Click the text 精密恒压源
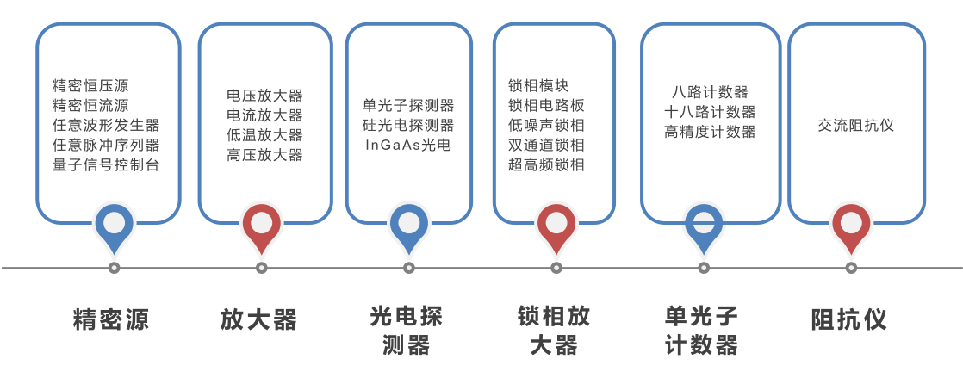pyautogui.click(x=90, y=86)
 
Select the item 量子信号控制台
pyautogui.click(x=106, y=164)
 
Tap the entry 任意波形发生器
pyautogui.click(x=106, y=126)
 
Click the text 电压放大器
pyautogui.click(x=264, y=96)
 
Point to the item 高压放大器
pyautogui.click(x=264, y=155)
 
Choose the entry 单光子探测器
pyautogui.click(x=408, y=106)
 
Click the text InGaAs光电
pyautogui.click(x=408, y=146)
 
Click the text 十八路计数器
pyautogui.click(x=710, y=112)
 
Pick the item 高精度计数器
pyautogui.click(x=710, y=132)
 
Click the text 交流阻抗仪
pyautogui.click(x=856, y=126)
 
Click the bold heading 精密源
pyautogui.click(x=111, y=320)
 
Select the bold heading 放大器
pyautogui.click(x=258, y=320)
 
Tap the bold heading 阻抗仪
pyautogui.click(x=849, y=320)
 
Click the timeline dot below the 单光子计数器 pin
pyautogui.click(x=704, y=268)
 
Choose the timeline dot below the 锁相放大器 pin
pyautogui.click(x=556, y=268)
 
